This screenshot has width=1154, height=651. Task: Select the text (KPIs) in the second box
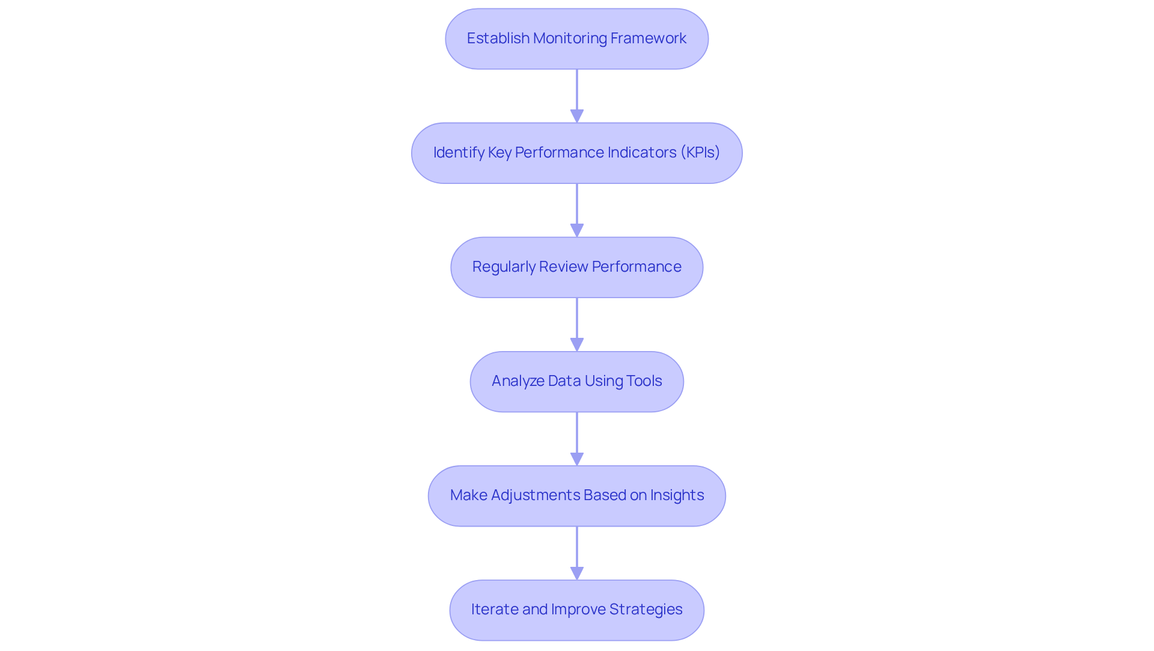click(x=700, y=153)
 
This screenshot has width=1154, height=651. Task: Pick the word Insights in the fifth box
click(x=677, y=495)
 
